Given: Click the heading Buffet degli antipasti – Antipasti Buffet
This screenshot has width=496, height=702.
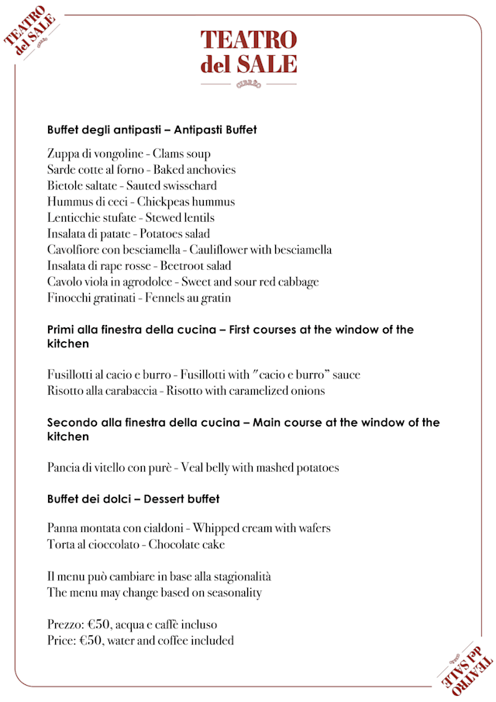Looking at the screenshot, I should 152,130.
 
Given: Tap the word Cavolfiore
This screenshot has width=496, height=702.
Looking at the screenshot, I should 75,250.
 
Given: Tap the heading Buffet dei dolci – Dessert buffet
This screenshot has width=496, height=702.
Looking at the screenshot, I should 133,499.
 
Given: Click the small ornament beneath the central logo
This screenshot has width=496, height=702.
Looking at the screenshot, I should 248,84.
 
